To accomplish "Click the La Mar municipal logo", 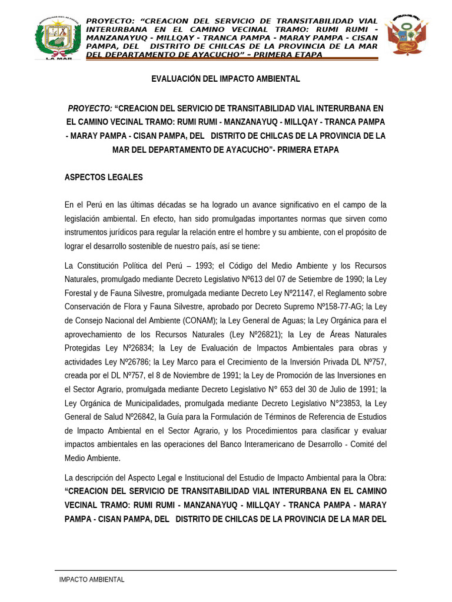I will [x=58, y=38].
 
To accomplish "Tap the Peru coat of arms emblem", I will [x=406, y=35].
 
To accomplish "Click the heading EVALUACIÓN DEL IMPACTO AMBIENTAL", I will [x=225, y=79].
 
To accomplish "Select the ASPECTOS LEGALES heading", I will [x=104, y=177].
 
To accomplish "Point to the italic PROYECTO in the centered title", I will [x=90, y=108].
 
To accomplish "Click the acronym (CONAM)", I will [x=197, y=320].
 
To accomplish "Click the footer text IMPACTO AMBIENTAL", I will [x=92, y=580].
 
